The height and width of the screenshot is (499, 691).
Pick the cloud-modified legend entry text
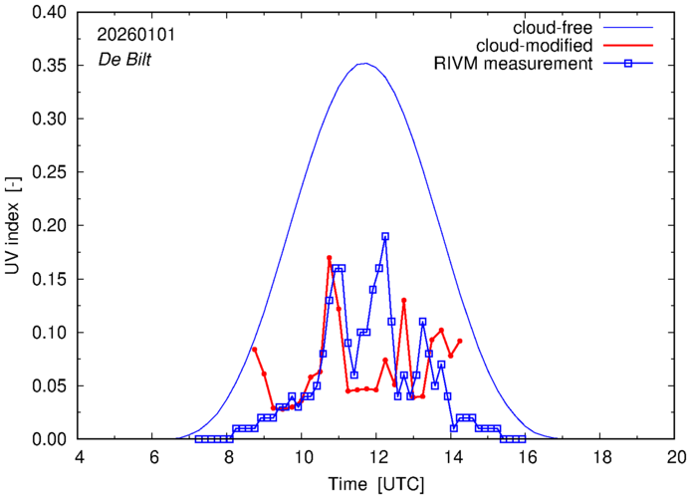[536, 46]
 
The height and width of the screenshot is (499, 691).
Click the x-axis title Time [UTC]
[377, 485]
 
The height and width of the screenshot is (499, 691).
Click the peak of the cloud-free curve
[365, 64]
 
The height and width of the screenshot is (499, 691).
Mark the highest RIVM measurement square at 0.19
[385, 236]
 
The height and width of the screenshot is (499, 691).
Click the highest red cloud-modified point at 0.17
[329, 258]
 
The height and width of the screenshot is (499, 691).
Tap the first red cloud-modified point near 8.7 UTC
[255, 349]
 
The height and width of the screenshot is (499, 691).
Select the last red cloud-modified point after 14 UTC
[459, 341]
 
